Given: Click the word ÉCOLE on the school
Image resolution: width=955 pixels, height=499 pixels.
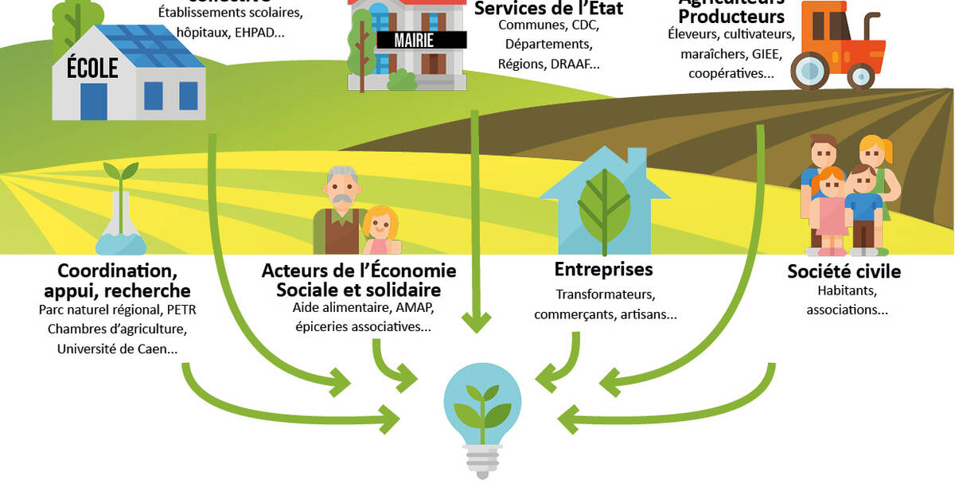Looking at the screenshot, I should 92,68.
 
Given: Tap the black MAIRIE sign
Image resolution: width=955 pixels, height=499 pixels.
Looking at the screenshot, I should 415,41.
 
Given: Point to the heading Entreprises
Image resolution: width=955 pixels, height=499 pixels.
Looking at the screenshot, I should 603,269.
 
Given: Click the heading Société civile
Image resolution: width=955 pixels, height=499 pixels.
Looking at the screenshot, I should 844,271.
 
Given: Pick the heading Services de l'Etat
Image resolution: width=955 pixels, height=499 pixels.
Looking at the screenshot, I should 548,9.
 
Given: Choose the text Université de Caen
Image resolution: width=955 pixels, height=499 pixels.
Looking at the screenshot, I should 117,349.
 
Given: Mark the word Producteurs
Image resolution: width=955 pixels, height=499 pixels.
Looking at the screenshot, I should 731,16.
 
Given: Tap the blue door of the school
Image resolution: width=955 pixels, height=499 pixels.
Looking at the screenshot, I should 93,101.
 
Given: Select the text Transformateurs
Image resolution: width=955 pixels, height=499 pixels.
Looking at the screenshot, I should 604,294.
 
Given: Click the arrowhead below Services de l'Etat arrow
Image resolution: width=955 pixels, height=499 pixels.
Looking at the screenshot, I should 477,322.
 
